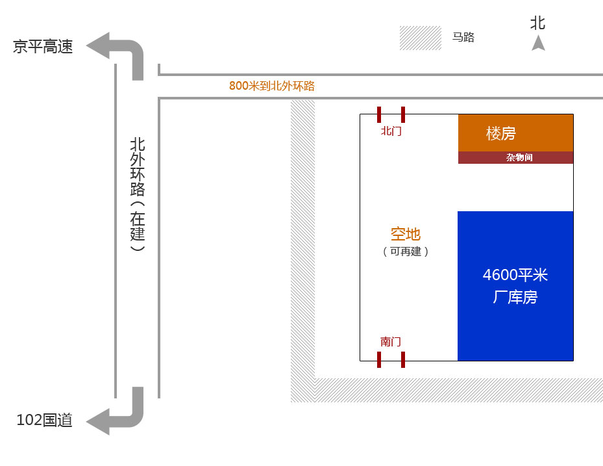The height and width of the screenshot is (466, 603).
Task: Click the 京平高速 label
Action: click(x=43, y=47)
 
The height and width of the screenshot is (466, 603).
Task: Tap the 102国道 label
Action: click(x=44, y=421)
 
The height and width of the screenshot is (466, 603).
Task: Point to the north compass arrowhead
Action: click(x=538, y=44)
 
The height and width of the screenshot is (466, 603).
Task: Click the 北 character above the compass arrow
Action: click(x=537, y=23)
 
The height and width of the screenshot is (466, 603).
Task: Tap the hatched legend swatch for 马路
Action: click(x=420, y=38)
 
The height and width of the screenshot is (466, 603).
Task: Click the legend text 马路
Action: click(x=463, y=38)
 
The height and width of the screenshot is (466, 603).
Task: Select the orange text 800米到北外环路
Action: click(x=271, y=86)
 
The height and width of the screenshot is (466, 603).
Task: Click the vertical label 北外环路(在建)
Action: click(x=137, y=194)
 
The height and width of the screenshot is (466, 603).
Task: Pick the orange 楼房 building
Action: click(x=515, y=133)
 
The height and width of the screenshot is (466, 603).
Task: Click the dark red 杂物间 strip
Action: click(x=515, y=157)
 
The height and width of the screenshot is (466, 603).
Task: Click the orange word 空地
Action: click(x=405, y=234)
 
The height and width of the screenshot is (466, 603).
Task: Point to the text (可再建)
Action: click(x=406, y=252)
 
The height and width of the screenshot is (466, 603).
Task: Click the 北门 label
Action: click(x=391, y=131)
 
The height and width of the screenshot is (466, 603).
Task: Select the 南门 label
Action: click(x=391, y=342)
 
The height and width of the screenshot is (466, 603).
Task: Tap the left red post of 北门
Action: click(x=379, y=115)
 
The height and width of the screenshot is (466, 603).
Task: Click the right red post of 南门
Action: click(x=403, y=359)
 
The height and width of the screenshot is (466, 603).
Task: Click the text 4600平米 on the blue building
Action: click(x=515, y=275)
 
